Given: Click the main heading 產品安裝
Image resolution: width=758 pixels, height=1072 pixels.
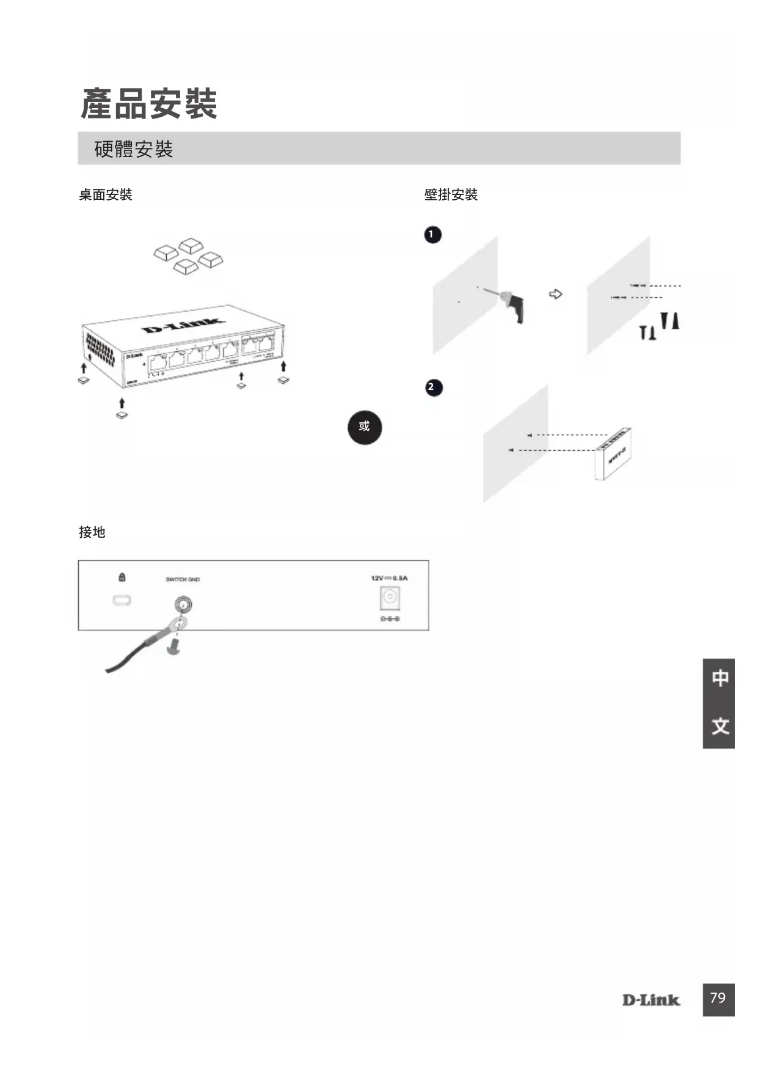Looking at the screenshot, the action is pos(149,103).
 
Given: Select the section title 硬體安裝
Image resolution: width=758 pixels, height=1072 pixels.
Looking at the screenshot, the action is pos(134,149).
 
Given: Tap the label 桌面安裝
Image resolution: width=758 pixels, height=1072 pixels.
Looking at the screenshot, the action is pos(106,195).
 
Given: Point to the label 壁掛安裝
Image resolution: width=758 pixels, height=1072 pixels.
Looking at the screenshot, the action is pos(451,195).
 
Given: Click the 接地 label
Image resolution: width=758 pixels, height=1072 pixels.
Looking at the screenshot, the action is pos(92,532).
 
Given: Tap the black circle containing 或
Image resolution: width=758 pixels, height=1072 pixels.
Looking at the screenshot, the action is pos(365,427).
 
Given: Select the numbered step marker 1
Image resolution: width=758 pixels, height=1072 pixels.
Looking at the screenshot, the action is pos(432,235).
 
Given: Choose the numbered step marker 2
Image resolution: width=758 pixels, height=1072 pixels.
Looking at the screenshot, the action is pos(433,387).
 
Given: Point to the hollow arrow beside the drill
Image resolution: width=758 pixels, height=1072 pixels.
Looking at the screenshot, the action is pos(555,294).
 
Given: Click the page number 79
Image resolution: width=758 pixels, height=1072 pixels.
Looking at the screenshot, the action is pos(718,998).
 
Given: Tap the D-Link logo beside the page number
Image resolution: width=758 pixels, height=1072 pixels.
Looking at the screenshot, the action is pos(651,1000).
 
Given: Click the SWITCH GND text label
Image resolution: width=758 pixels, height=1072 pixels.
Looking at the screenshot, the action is pos(183,579).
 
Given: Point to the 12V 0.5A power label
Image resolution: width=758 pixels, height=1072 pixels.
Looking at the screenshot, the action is pos(389,578).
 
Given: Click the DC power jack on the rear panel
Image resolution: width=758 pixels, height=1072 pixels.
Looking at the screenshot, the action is pos(390,598).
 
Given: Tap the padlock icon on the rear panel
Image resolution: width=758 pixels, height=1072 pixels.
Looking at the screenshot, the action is pos(122,577).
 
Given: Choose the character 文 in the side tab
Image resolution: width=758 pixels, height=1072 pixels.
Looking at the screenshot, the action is pos(720,726).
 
